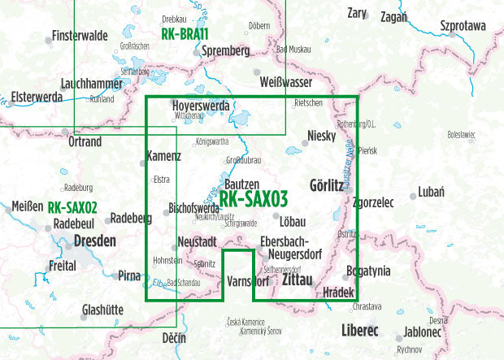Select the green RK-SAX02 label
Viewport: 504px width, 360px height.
click(x=72, y=207)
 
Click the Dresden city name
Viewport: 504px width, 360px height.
click(x=94, y=241)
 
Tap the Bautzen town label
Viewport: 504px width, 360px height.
click(x=241, y=185)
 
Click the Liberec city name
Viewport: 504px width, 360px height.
click(x=360, y=331)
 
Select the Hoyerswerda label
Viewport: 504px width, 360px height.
click(x=202, y=106)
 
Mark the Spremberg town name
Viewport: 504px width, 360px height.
click(x=226, y=50)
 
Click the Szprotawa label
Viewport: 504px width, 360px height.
click(x=462, y=26)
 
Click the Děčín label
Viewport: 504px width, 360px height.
click(x=173, y=336)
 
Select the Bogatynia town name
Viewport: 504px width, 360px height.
click(x=368, y=271)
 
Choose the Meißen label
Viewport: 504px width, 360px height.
click(x=25, y=207)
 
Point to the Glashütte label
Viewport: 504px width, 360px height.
click(x=102, y=309)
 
